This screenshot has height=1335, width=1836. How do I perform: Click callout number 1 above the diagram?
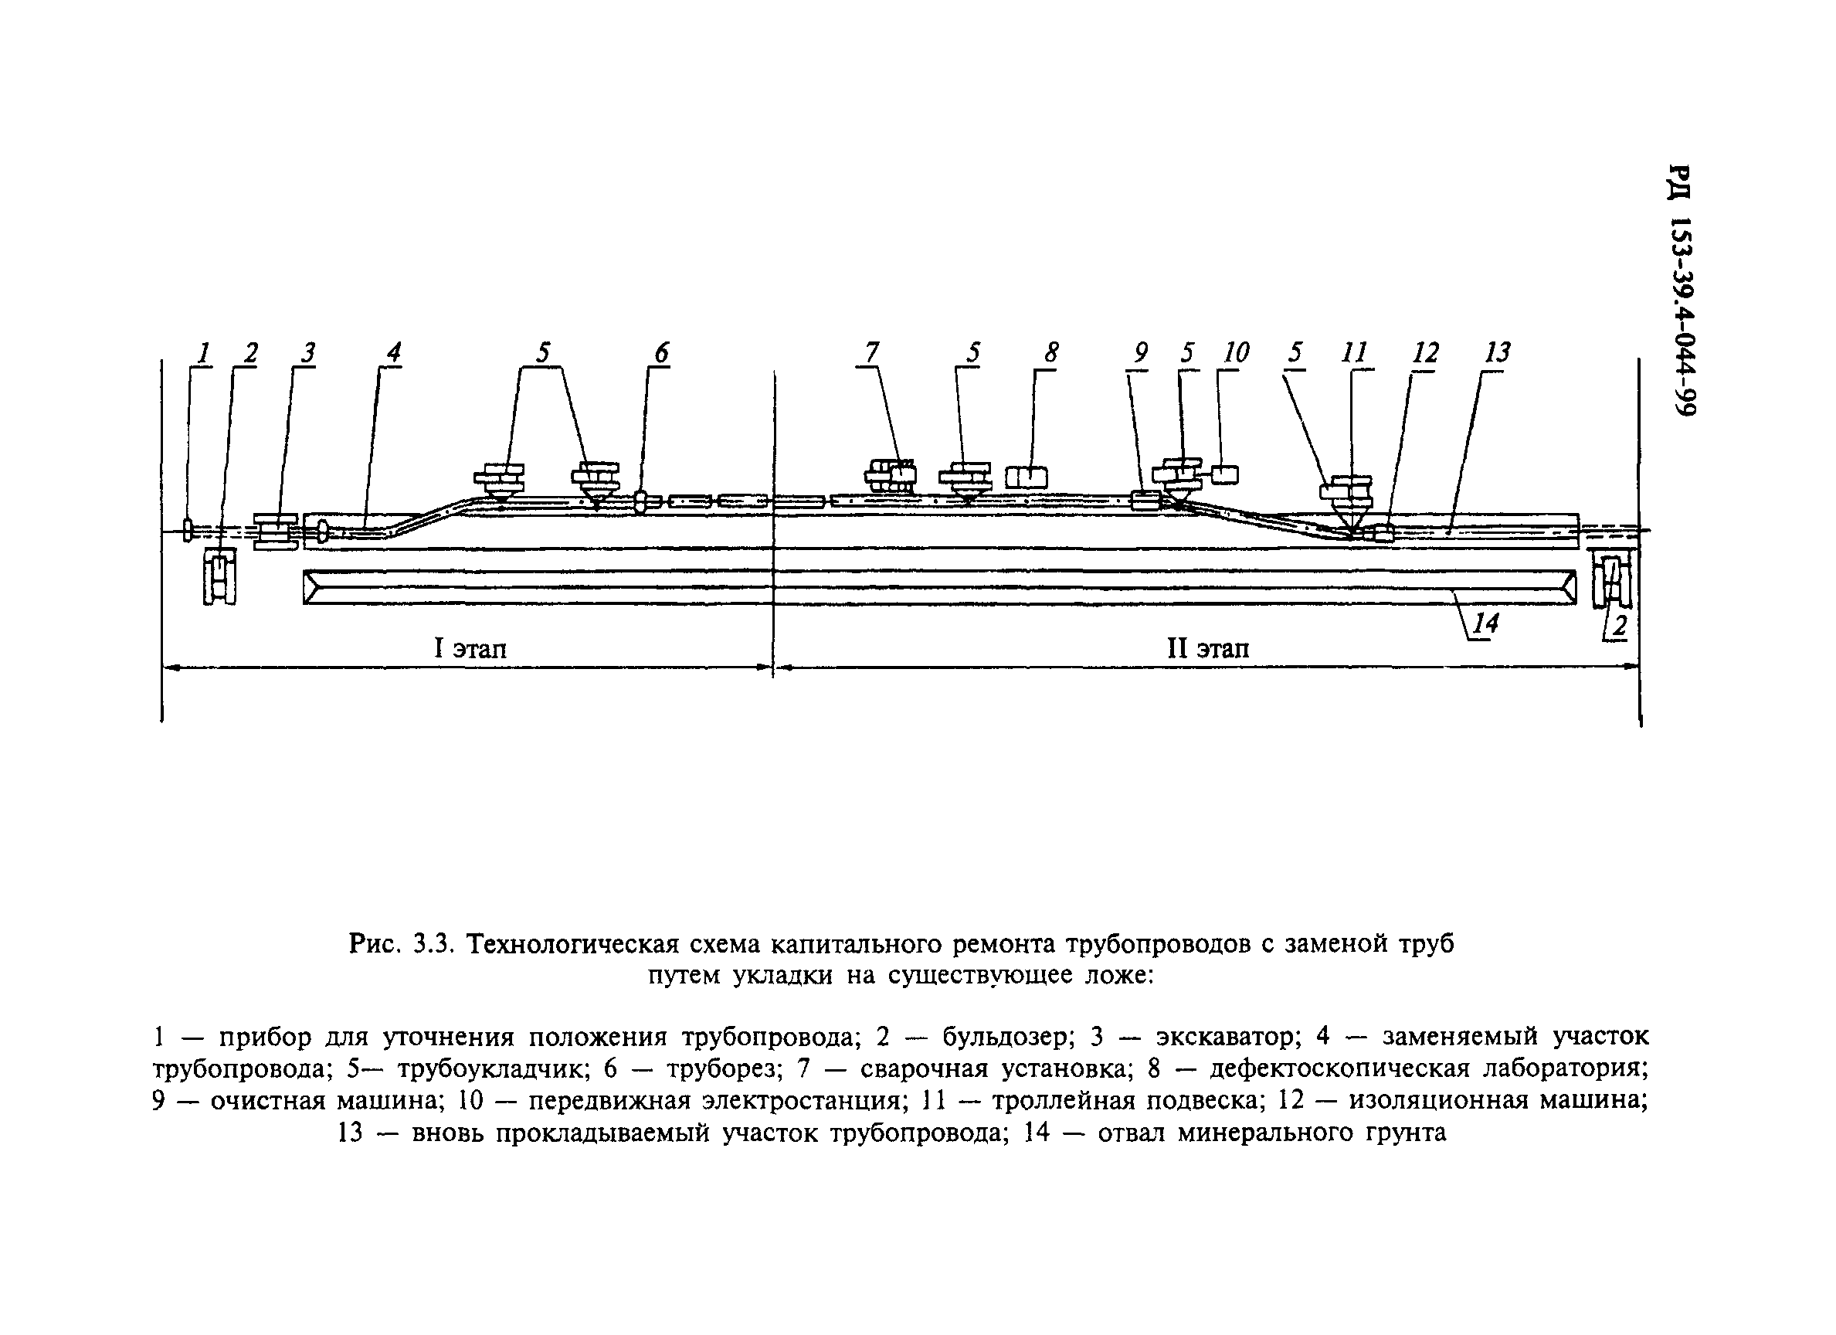(x=204, y=354)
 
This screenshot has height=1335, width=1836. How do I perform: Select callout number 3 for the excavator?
(x=307, y=353)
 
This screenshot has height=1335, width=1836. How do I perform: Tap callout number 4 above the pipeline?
(x=393, y=353)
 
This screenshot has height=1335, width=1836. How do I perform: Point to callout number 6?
(x=662, y=353)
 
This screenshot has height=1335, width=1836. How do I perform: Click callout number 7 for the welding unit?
(x=871, y=353)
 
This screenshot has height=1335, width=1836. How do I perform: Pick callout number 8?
(x=1050, y=353)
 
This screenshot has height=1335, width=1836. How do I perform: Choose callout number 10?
(x=1235, y=353)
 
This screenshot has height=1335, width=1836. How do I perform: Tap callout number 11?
(x=1354, y=353)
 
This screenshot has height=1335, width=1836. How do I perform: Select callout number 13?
(x=1498, y=353)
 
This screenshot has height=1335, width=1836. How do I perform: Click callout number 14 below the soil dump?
(x=1486, y=623)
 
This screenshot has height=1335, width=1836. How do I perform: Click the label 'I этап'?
(x=470, y=648)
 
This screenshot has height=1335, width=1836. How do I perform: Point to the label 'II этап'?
(x=1208, y=648)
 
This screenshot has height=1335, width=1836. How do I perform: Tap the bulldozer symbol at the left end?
(x=219, y=577)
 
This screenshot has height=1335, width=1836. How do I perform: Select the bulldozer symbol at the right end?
(x=1611, y=579)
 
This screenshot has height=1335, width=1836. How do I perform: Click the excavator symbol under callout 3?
(x=276, y=532)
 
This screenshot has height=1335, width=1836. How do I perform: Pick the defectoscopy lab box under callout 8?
(x=1027, y=477)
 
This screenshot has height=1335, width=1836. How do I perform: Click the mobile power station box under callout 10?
(x=1225, y=474)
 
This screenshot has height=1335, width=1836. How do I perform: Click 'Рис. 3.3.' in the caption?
(x=399, y=944)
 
